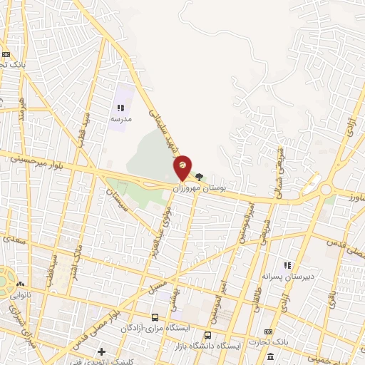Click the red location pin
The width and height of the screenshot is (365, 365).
pos(182,166)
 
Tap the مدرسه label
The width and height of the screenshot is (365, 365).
pos(120,120)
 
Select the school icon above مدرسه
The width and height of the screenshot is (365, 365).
pos(119,108)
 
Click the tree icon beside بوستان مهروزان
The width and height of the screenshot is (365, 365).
pos(199,178)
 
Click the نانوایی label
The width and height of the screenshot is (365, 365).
pos(23,293)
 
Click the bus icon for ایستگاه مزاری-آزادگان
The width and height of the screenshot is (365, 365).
pos(155,317)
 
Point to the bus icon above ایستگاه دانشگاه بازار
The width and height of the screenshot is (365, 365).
pos(207,335)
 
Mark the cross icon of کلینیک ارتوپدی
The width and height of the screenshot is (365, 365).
pos(102,351)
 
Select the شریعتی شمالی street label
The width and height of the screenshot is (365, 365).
pos(279,175)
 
